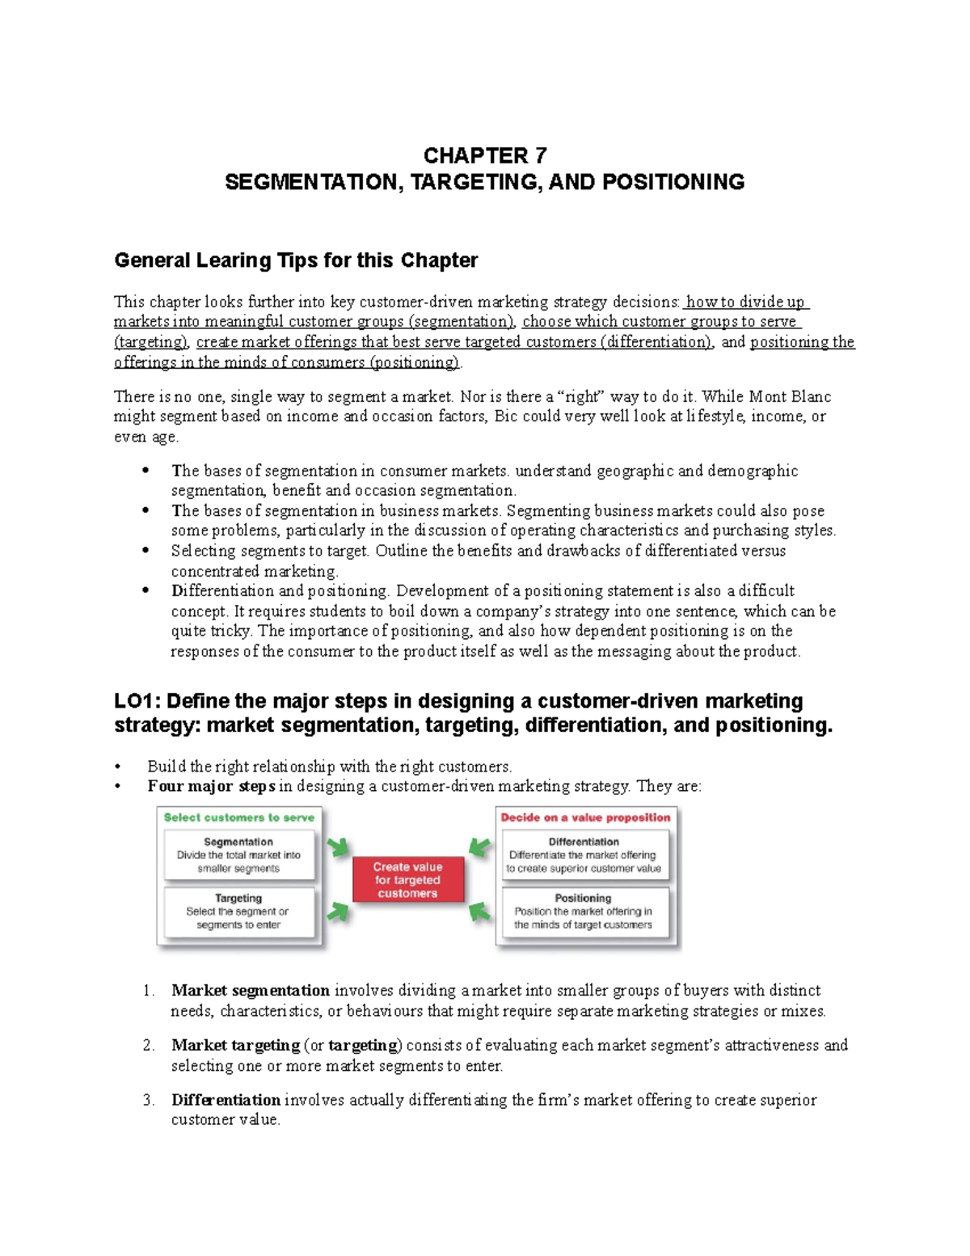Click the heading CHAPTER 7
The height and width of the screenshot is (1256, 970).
click(x=484, y=155)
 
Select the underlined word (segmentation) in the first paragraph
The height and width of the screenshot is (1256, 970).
click(x=461, y=322)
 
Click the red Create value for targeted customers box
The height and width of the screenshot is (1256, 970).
click(x=407, y=880)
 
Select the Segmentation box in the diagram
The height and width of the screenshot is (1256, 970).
click(x=238, y=856)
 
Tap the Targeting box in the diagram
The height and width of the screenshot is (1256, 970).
click(x=238, y=911)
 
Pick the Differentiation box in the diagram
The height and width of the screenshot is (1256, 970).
click(x=584, y=856)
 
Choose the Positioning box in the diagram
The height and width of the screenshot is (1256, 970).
click(x=584, y=911)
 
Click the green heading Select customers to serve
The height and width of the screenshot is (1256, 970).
click(x=238, y=818)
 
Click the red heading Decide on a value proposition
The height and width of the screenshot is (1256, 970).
click(x=585, y=818)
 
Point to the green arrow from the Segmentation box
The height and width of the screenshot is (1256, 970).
click(x=338, y=848)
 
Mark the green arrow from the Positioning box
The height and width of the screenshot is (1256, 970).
click(x=480, y=911)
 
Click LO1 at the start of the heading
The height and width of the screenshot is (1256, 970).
click(x=133, y=701)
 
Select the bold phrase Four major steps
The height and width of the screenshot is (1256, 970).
click(x=211, y=786)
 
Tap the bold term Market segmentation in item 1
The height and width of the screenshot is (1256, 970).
click(x=250, y=991)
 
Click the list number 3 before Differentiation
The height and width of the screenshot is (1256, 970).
click(x=147, y=1100)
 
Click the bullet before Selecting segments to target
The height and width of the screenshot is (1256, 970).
click(x=145, y=550)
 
